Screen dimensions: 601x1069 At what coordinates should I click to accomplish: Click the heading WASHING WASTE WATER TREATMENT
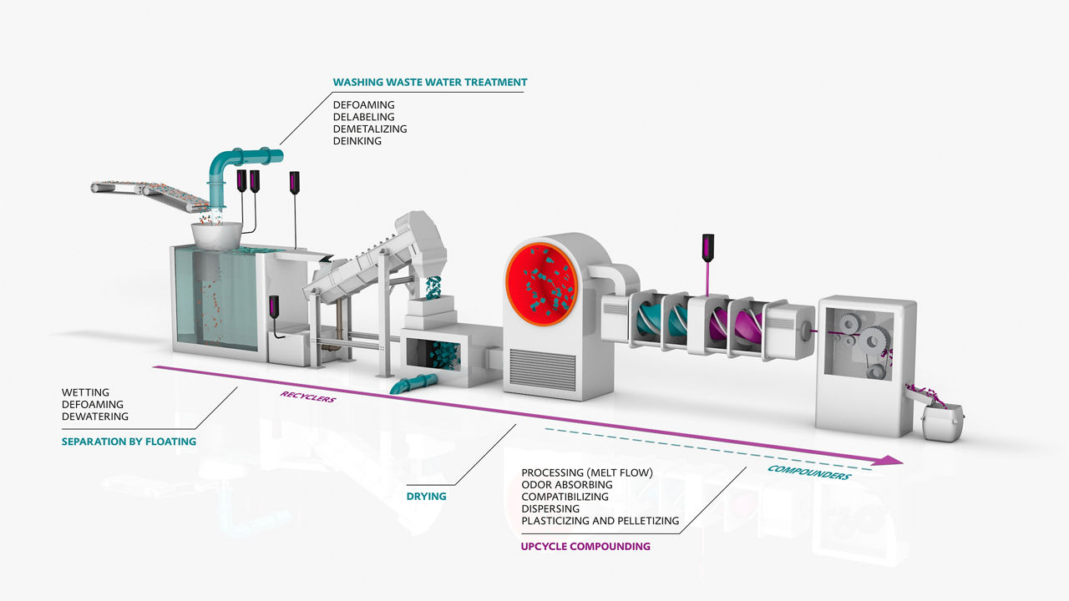(x=430, y=82)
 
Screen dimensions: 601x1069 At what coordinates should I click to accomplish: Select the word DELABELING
(x=363, y=117)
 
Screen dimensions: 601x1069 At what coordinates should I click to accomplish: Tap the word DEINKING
(x=357, y=141)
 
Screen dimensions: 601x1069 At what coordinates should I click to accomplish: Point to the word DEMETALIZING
(x=370, y=129)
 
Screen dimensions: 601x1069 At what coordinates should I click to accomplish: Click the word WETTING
(x=85, y=392)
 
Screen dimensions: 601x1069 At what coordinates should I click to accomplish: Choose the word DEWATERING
(x=95, y=417)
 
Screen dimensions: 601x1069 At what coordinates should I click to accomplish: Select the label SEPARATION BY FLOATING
(x=129, y=442)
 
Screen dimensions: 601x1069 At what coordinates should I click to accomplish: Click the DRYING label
(x=426, y=497)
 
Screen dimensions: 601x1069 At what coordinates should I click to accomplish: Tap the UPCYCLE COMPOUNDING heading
(x=585, y=547)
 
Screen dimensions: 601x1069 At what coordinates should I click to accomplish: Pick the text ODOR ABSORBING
(x=567, y=485)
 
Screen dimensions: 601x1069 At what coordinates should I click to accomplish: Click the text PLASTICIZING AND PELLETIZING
(x=600, y=521)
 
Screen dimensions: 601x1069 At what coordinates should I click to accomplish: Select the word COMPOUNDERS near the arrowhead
(x=808, y=472)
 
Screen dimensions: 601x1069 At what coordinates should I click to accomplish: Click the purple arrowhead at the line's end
(x=894, y=460)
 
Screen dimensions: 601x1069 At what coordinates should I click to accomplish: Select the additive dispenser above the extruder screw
(x=709, y=247)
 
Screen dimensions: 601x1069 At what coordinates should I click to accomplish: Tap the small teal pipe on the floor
(x=413, y=383)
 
